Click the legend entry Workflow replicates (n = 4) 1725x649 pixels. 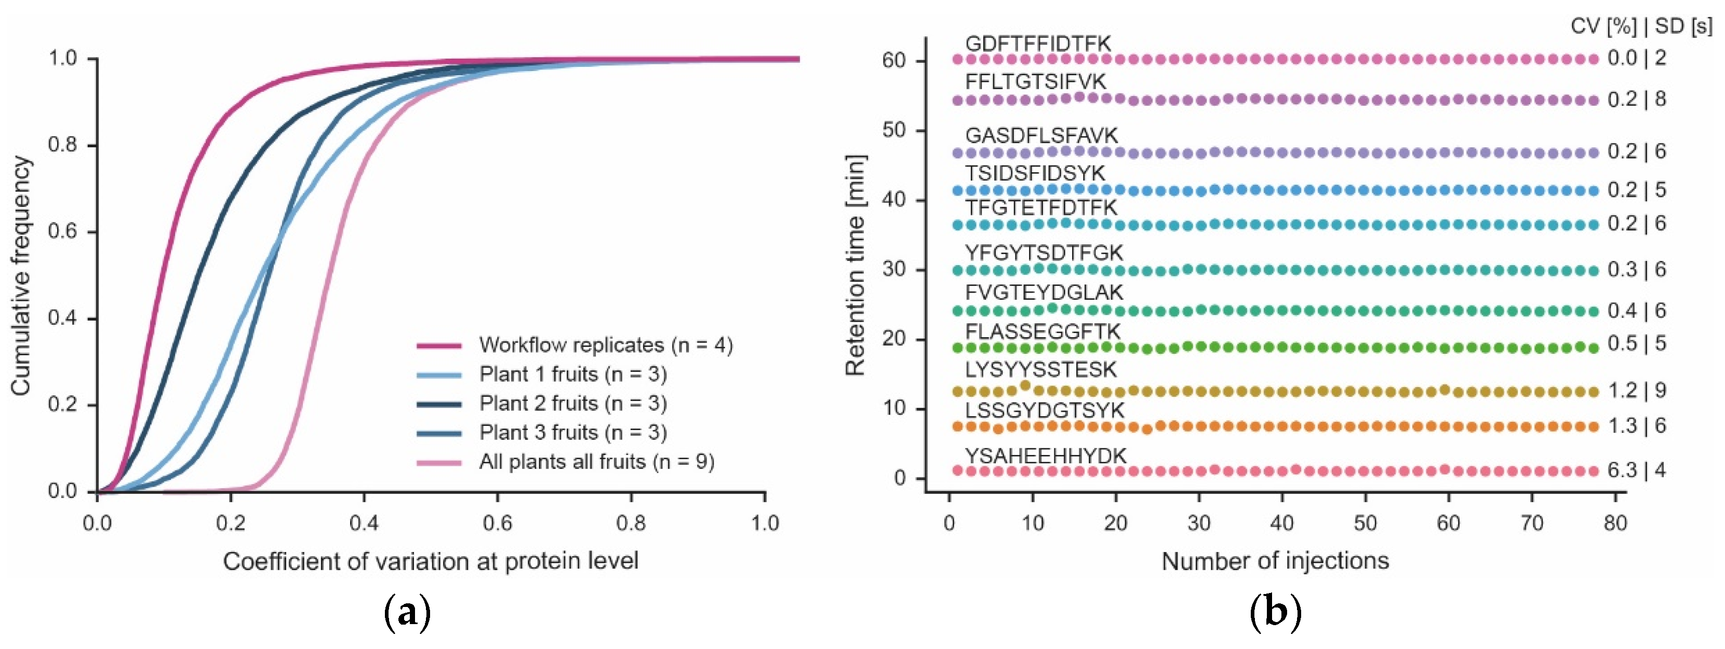point(605,345)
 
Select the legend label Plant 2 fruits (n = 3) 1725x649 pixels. point(572,404)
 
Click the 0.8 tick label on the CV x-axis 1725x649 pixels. point(631,522)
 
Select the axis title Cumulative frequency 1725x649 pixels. point(21,275)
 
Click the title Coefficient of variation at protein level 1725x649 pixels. point(430,561)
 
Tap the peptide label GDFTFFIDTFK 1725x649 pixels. point(1037,44)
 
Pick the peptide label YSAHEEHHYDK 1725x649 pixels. point(1045,455)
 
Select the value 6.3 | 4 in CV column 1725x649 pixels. point(1637,471)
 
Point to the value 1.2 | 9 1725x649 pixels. point(1637,390)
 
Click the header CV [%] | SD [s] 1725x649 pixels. point(1641,26)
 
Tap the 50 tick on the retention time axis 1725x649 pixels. point(893,130)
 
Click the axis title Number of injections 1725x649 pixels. point(1275,561)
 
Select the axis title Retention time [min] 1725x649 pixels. point(855,265)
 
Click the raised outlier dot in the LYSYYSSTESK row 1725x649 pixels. point(1024,385)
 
